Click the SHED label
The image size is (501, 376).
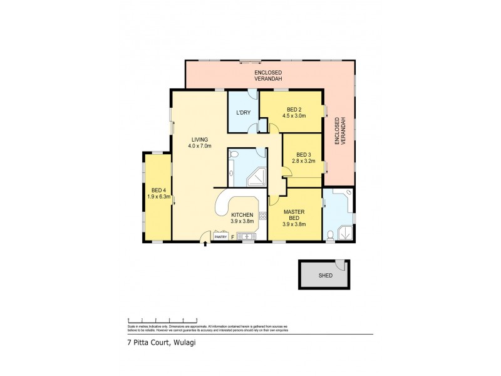tap(324, 274)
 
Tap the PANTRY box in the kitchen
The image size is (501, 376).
tap(220, 237)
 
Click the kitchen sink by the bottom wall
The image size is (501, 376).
tap(247, 237)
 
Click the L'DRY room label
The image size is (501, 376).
tap(242, 113)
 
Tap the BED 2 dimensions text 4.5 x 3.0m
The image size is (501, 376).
tap(294, 115)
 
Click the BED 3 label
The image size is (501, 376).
tap(304, 155)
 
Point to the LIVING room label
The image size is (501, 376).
tap(201, 140)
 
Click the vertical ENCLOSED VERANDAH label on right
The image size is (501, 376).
tap(340, 132)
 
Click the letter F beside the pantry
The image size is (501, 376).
tap(233, 238)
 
